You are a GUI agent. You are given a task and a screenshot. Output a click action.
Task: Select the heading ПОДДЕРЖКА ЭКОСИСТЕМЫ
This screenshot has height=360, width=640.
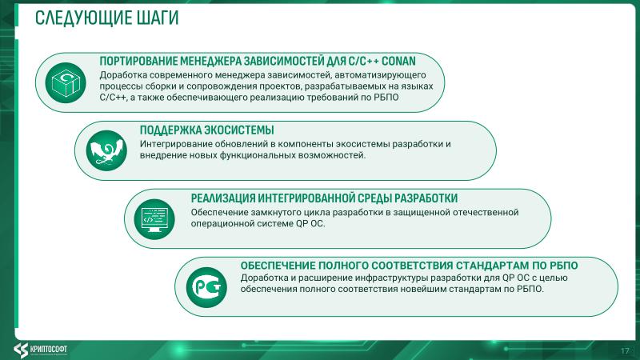pos(206,130)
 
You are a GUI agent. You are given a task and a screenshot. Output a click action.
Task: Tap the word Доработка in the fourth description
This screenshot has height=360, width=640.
pos(266,278)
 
